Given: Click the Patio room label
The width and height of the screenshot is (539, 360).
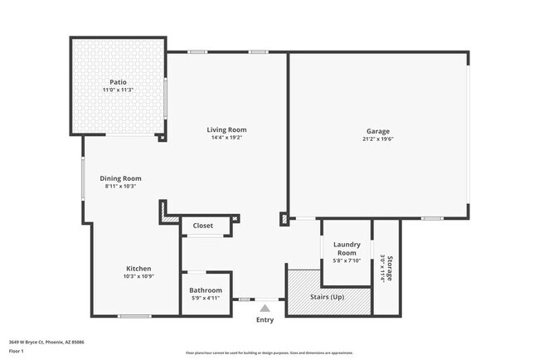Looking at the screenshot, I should pyautogui.click(x=119, y=82).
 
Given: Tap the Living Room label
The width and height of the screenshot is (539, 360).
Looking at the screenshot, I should pyautogui.click(x=226, y=129).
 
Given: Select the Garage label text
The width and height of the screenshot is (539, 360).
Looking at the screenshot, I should pyautogui.click(x=378, y=131).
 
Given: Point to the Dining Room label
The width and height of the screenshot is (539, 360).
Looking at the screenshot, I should pyautogui.click(x=121, y=178).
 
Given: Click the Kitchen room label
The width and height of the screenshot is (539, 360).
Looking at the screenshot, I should pyautogui.click(x=138, y=268).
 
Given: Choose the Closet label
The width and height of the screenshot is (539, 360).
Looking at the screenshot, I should pyautogui.click(x=203, y=226).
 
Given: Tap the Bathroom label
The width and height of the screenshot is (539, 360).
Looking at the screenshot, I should pyautogui.click(x=206, y=290).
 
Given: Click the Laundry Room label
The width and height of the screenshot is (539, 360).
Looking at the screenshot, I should pyautogui.click(x=345, y=248).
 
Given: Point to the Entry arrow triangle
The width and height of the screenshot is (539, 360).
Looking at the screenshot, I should pyautogui.click(x=265, y=309).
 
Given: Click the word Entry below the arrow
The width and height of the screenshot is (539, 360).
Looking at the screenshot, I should pyautogui.click(x=265, y=320).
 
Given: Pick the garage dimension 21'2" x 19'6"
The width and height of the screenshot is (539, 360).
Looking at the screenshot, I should pyautogui.click(x=378, y=139).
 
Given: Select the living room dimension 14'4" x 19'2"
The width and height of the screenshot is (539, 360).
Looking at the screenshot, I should pyautogui.click(x=226, y=138).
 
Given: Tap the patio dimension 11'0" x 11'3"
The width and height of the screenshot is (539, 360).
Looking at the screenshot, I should pyautogui.click(x=119, y=90).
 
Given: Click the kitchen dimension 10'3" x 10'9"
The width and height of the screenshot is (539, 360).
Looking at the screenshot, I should pyautogui.click(x=138, y=276).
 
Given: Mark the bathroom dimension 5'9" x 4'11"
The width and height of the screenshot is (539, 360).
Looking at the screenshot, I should pyautogui.click(x=206, y=298).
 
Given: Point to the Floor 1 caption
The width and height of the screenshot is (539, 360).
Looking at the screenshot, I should pyautogui.click(x=16, y=351).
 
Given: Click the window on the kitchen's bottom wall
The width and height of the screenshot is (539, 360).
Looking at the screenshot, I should pyautogui.click(x=134, y=316).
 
